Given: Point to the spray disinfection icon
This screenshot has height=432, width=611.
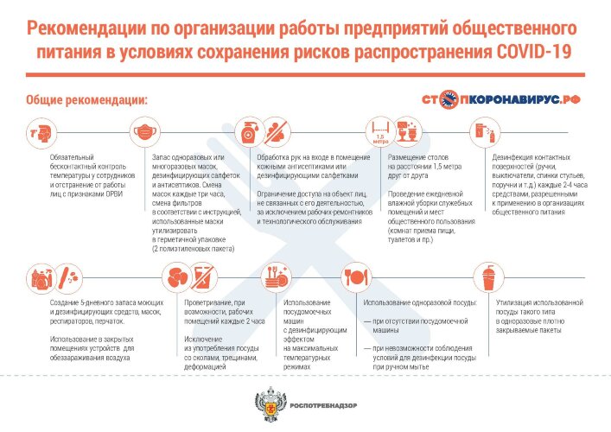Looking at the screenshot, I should point(485,133).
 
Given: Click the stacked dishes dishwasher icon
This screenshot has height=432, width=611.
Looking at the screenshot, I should point(276,276).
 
